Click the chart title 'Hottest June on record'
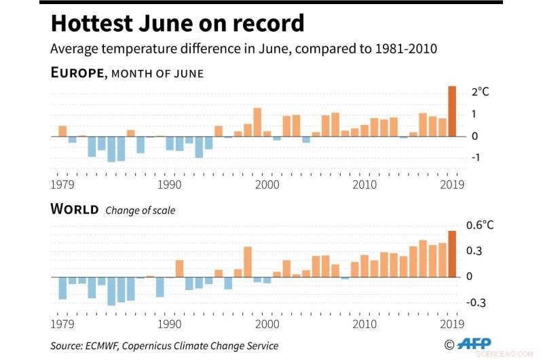coord(177,23)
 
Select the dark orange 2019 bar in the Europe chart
coord(452,111)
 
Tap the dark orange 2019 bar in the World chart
coord(452,254)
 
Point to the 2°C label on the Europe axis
coord(480,91)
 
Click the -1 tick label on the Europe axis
coord(476,158)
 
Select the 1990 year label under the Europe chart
coord(170,185)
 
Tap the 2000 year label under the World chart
coord(267,324)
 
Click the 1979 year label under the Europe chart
coord(62,185)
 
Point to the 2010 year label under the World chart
coord(364,324)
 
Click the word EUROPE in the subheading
coord(77,73)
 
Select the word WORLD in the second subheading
coord(75,209)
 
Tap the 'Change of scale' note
coord(140,211)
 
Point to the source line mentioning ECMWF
coord(164,346)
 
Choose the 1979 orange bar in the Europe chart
coord(62,131)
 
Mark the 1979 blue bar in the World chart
coord(62,288)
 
